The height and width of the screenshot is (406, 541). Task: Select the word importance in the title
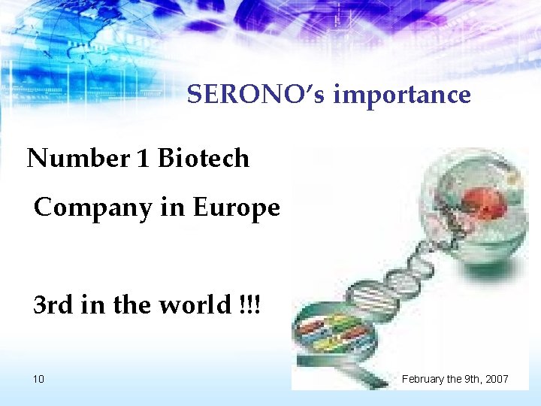pos(402,95)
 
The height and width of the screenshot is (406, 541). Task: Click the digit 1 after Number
pos(143,159)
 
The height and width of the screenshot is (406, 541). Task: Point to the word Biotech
pos(203,159)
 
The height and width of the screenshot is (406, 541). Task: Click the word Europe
pos(236,207)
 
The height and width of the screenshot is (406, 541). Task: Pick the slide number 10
pos(38,379)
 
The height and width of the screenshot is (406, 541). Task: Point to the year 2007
pos(495,379)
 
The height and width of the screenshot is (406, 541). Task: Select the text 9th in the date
pos(467,379)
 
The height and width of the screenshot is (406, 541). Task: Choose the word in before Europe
pos(171,207)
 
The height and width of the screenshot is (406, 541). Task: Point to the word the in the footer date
pos(451,379)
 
